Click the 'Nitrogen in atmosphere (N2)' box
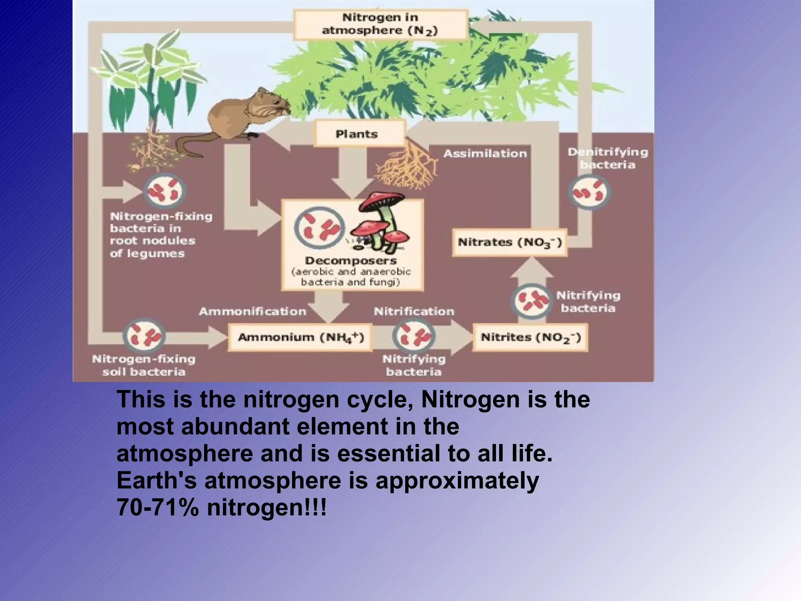(380, 24)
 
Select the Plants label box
(357, 134)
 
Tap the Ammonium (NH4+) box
(300, 337)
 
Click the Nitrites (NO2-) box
(530, 337)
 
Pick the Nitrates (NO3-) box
(510, 242)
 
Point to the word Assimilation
(485, 154)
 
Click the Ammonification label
(252, 312)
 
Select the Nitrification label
(414, 312)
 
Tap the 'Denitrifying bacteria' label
(608, 158)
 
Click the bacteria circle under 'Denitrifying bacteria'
(589, 192)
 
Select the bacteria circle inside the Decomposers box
(320, 228)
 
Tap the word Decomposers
(351, 261)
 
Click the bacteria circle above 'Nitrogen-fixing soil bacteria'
(144, 336)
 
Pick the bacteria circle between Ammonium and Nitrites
(414, 336)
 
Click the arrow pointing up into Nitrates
(531, 270)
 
